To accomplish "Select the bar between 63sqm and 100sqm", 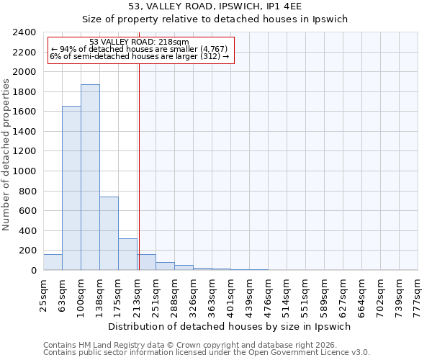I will pos(71,188).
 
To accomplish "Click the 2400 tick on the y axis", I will pos(24,32).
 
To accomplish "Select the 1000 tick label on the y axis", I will pos(24,171).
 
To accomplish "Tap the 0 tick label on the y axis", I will pos(33,271).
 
